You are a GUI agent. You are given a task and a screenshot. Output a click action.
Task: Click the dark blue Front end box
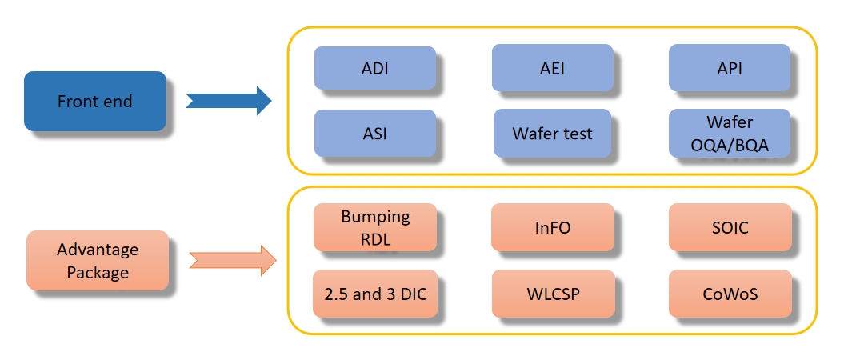95,101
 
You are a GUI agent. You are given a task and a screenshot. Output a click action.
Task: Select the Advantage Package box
98,260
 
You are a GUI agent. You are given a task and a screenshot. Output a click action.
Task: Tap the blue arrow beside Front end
229,101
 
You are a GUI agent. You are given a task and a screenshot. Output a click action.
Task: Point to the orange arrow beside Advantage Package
233,260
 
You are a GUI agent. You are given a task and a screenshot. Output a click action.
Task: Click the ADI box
375,68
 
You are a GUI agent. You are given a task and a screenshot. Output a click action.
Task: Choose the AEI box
553,68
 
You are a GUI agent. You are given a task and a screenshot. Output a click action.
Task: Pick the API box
729,68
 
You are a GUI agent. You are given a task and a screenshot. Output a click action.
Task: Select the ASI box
375,133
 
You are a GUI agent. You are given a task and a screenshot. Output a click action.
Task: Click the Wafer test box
552,133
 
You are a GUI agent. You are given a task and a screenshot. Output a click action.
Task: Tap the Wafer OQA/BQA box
729,133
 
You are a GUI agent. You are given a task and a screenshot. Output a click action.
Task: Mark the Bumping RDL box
375,227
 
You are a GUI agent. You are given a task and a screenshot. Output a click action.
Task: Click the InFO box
553,227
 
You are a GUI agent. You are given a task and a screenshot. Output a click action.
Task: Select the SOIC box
730,227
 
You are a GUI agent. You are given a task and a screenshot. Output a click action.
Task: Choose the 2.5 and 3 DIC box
375,294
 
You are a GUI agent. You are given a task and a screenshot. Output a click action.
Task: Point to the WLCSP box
553,294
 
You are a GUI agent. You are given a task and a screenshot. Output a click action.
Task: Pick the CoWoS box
730,294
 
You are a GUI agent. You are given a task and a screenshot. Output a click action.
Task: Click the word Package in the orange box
98,272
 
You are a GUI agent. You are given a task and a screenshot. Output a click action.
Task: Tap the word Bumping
375,217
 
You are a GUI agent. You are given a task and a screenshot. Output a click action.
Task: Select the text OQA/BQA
730,146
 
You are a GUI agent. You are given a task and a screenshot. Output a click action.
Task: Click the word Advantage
98,250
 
